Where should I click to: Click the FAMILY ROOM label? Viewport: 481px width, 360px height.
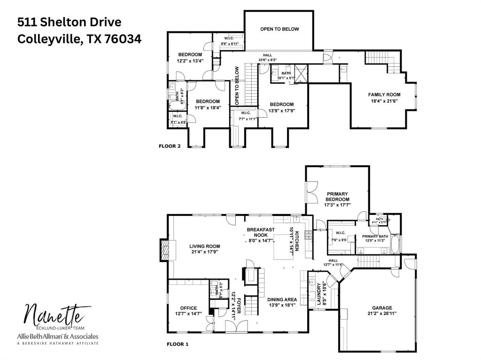click(x=384, y=95)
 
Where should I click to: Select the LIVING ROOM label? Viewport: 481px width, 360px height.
click(x=205, y=246)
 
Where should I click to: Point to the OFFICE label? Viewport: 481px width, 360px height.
click(x=188, y=308)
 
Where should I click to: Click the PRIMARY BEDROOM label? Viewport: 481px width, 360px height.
click(x=337, y=197)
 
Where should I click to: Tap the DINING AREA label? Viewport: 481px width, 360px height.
click(x=282, y=299)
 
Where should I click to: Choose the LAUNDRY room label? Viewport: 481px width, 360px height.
click(x=319, y=294)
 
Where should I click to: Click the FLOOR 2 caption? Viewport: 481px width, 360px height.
click(x=170, y=146)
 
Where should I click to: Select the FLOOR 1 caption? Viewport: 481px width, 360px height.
click(x=178, y=344)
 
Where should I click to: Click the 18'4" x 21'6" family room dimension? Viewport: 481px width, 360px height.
click(x=384, y=100)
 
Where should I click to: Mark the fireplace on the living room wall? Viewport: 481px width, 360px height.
click(x=164, y=249)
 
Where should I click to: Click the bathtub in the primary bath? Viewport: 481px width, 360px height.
click(x=396, y=243)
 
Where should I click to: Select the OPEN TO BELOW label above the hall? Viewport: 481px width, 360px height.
click(x=279, y=29)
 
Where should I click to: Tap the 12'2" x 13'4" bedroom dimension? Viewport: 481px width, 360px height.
click(x=189, y=61)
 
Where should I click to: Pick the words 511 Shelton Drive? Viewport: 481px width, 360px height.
click(x=69, y=22)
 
